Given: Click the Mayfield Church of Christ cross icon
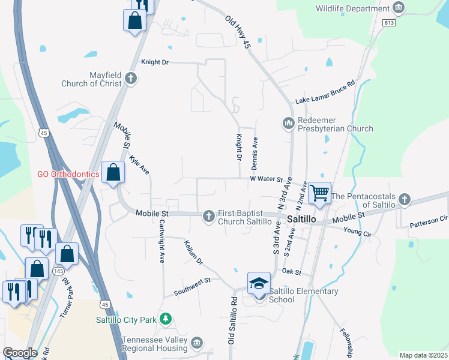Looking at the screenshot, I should pos(131,78).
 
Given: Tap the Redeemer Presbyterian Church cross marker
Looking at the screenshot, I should pos(288,123).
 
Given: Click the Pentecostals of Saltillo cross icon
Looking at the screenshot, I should pos(405,199).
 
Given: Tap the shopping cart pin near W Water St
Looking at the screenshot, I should pos(319,193).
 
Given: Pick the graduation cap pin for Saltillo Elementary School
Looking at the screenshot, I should pos(259,283).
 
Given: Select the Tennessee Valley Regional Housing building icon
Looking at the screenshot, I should pos(197,344).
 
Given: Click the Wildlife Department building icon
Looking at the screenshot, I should pos(399,8).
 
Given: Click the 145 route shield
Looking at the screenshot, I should pos(58,271).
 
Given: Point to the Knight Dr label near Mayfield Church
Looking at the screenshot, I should pos(155,62).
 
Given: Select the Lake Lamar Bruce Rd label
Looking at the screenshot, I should pos(325,92).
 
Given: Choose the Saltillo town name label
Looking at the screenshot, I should pos(301,220).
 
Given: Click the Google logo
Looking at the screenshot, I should pos(20,353).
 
